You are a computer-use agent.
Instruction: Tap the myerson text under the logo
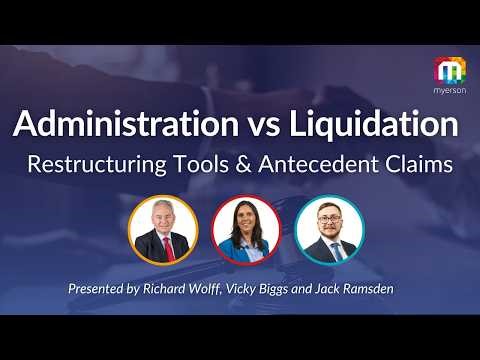pos(449,90)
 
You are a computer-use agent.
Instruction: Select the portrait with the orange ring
pos(164,230)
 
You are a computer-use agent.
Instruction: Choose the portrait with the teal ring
pos(330,230)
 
